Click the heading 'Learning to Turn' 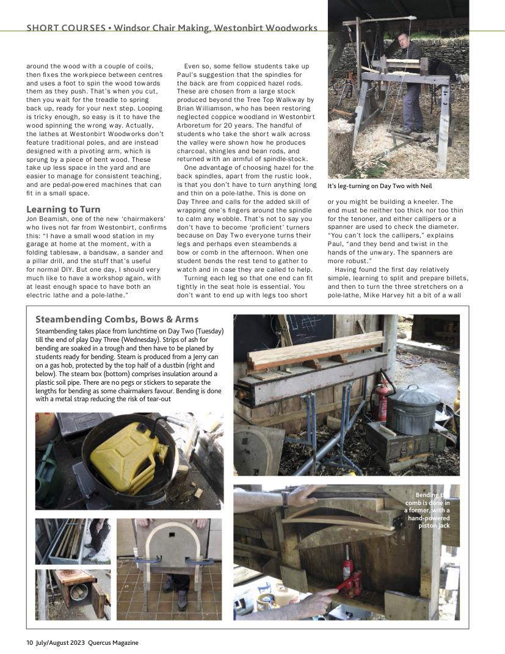64,209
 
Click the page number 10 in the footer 29,642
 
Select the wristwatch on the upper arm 285,499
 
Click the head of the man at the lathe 403,40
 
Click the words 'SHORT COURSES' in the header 65,28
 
